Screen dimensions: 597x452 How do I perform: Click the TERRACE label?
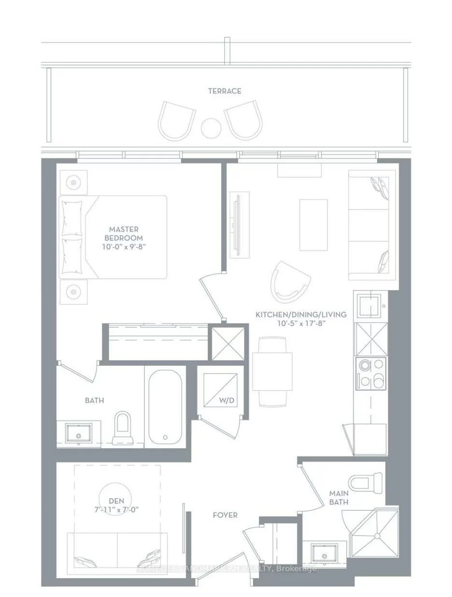225,91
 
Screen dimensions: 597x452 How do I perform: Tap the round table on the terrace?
211,128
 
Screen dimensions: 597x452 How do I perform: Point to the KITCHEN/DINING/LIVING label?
301,315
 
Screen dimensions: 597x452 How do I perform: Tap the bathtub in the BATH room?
165,407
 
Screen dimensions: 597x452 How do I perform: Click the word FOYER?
225,515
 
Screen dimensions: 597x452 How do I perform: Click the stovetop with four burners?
371,374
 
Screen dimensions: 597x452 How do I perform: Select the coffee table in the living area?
313,225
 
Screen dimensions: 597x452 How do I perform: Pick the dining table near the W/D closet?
272,372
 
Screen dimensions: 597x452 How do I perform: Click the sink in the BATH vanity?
78,433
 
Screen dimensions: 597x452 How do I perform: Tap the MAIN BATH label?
339,498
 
